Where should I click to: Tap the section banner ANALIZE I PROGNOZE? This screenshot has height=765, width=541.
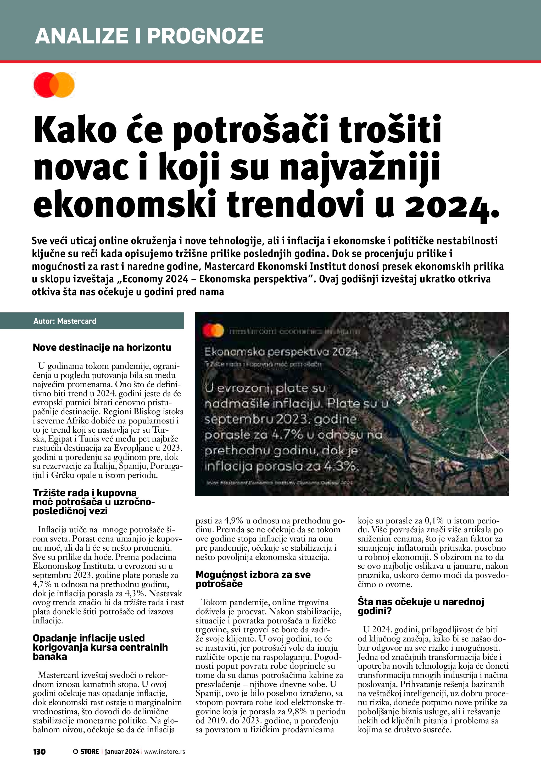[x=149, y=36]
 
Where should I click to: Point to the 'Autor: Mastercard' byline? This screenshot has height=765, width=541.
[x=65, y=321]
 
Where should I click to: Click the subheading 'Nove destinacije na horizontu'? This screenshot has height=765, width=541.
[x=102, y=348]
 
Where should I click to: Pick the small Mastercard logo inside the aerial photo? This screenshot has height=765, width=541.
[x=213, y=331]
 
